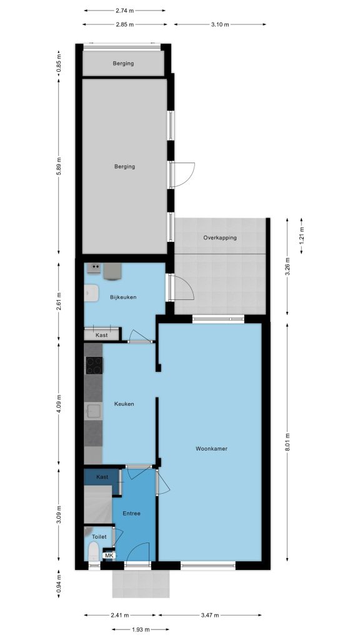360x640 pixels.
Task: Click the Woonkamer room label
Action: [211, 449]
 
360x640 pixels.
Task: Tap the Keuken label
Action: [124, 404]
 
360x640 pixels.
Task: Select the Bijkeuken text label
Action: [123, 297]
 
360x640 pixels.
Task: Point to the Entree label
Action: [131, 514]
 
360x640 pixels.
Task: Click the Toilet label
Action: [99, 537]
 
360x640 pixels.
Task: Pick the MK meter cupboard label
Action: [109, 556]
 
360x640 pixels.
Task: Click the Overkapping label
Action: [220, 237]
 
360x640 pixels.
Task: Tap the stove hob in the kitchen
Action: [94, 365]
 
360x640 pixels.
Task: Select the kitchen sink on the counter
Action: [94, 411]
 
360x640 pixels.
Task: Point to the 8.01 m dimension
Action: [289, 442]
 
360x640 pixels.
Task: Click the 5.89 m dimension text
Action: [58, 166]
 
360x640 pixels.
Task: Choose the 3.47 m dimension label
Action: [209, 615]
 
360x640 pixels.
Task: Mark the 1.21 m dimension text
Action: [302, 236]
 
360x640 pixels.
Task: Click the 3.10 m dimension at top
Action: [220, 24]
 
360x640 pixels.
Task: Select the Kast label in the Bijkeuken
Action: [102, 335]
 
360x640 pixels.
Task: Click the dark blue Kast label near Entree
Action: [102, 477]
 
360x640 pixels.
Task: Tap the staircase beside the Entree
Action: [97, 504]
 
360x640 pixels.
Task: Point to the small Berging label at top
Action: [123, 63]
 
